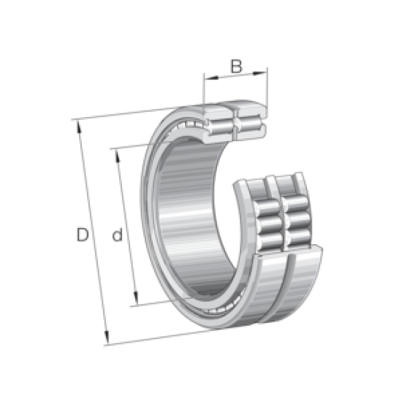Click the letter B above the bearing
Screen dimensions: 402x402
235,67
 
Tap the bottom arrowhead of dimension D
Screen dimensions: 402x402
109,340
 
